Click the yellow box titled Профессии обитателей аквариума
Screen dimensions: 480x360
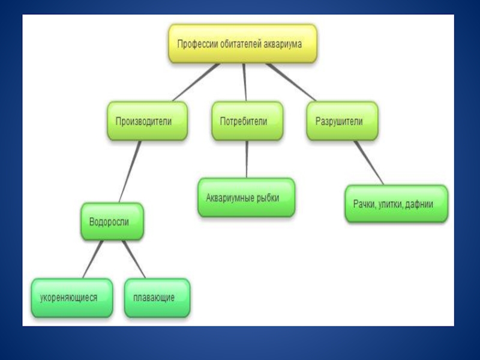[242, 44]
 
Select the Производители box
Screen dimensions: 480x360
[147, 121]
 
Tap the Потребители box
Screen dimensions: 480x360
[247, 121]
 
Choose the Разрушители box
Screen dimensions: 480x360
[342, 121]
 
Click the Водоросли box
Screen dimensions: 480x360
[112, 221]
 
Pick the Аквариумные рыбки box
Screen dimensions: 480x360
[246, 197]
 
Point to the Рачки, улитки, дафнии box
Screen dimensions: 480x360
[396, 204]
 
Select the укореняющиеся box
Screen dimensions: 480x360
[72, 298]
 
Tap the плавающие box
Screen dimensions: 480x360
[157, 298]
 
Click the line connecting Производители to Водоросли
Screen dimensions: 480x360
[130, 171]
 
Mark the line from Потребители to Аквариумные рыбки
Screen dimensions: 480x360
[247, 159]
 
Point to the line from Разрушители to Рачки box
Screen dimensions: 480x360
[368, 163]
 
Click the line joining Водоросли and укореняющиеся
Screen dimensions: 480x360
[93, 259]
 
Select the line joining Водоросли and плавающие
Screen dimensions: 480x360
[134, 259]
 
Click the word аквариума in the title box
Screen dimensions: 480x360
[284, 44]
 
